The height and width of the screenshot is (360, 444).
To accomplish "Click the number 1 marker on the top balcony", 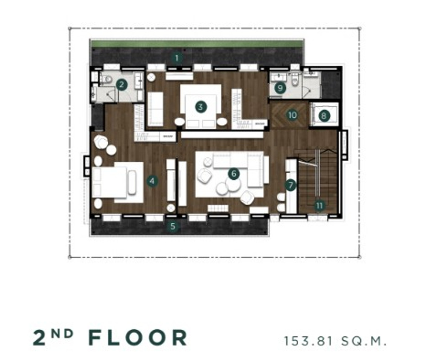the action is (x=177, y=58).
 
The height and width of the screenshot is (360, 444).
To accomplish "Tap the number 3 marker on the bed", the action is (x=201, y=107).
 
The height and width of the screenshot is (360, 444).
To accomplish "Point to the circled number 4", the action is (x=152, y=181).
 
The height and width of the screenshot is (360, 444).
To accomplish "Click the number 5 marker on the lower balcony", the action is (x=173, y=226).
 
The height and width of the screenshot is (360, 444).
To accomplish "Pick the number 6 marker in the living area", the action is (x=234, y=174).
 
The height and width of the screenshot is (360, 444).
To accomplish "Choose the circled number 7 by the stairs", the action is (x=291, y=185).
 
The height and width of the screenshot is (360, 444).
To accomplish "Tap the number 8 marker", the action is (x=324, y=116).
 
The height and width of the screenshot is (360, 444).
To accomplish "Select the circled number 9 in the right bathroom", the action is (x=280, y=88).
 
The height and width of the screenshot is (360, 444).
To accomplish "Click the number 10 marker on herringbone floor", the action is (x=292, y=115).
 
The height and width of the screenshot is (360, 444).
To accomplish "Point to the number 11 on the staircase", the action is (x=319, y=206).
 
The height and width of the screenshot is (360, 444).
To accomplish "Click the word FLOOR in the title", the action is (x=138, y=337).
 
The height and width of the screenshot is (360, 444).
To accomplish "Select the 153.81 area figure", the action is (x=308, y=341).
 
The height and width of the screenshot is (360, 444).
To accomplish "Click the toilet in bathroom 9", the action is (x=295, y=81).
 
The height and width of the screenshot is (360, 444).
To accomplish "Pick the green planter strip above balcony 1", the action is (x=197, y=44).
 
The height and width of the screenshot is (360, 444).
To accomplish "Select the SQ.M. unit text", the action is (x=364, y=341).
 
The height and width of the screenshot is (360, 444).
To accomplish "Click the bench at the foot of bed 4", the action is (x=132, y=183).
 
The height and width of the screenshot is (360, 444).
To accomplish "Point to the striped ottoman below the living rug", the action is (x=218, y=208).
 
